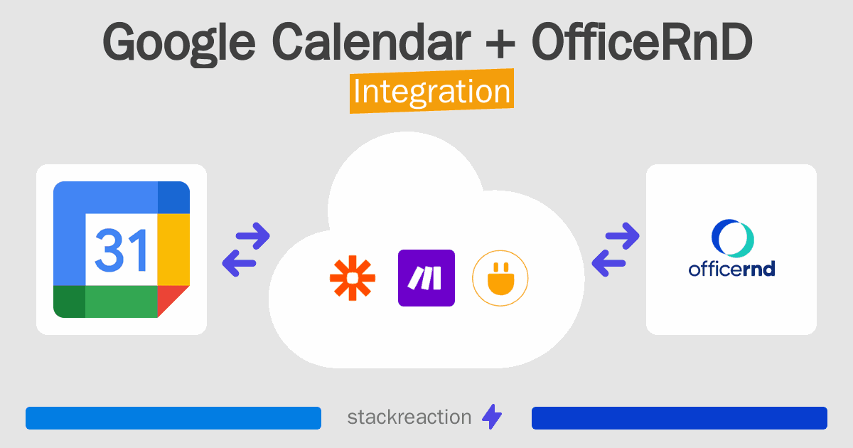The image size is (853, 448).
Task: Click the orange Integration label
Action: [431, 93]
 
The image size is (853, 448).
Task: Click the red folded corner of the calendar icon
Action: [173, 301]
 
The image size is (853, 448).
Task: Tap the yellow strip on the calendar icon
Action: [173, 249]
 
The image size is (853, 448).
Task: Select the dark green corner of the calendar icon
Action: [69, 302]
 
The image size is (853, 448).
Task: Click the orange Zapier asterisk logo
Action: [352, 278]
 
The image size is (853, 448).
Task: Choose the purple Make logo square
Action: [426, 278]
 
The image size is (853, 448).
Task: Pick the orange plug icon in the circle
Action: [500, 278]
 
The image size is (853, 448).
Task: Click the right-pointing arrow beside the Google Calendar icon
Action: [253, 236]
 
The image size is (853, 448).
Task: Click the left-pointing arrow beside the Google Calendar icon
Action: [238, 263]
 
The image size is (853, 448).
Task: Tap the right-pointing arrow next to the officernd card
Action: [622, 236]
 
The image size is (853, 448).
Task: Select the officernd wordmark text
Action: [731, 270]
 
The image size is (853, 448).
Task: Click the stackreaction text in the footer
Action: [409, 417]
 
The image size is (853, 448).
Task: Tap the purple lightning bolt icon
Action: [492, 417]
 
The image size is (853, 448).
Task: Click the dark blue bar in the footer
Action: [679, 418]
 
